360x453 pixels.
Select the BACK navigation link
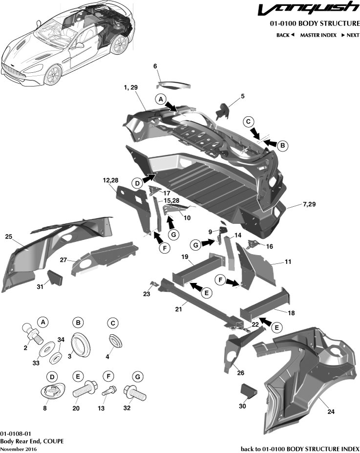coord(285,35)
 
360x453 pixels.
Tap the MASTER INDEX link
coord(318,35)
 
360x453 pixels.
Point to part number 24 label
coord(331,412)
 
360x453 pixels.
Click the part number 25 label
coord(8,237)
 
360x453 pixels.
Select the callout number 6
coord(155,66)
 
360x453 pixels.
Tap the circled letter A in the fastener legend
coord(43,323)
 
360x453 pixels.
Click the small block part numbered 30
coord(249,391)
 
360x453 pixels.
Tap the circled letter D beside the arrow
coord(137,183)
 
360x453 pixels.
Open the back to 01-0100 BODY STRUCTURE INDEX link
coord(300,449)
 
